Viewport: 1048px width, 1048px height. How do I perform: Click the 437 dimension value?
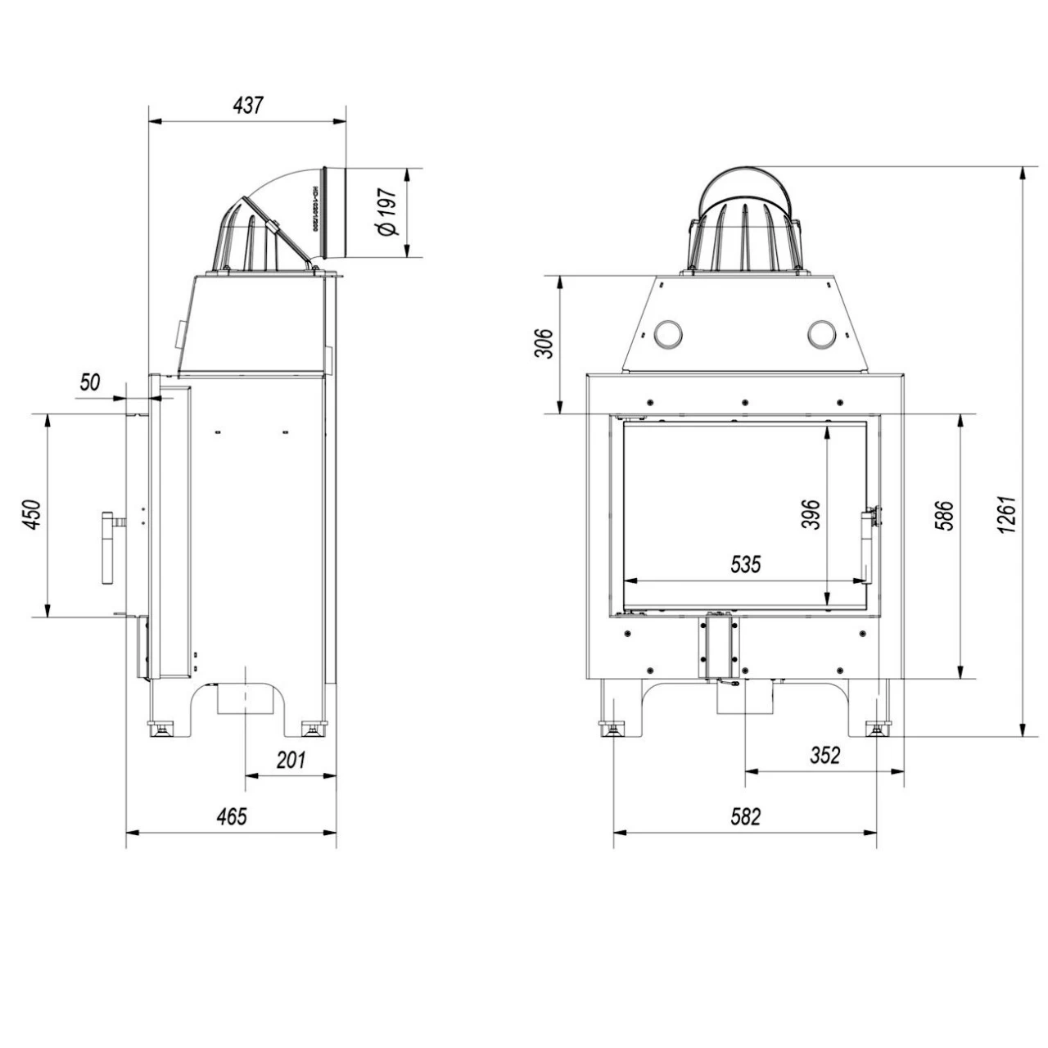248,106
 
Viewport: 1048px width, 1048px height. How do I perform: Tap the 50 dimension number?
90,382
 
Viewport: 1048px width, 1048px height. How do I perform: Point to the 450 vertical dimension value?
33,515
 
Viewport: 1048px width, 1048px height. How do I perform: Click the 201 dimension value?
290,759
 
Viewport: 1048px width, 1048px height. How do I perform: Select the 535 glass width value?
745,564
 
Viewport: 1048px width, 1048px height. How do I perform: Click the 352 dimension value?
824,754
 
